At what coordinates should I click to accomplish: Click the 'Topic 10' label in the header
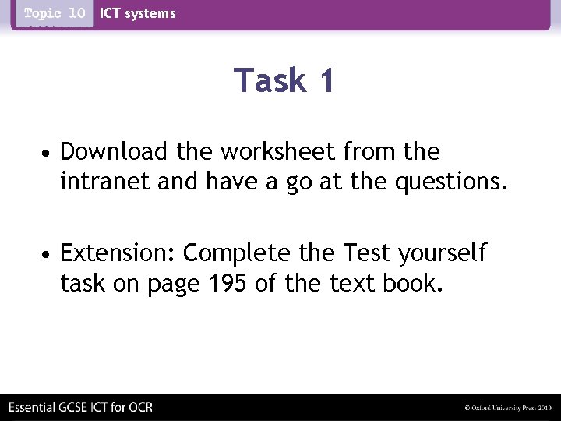click(x=54, y=13)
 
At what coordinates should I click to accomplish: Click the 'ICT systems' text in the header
click(x=138, y=13)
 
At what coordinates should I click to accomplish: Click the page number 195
click(x=231, y=285)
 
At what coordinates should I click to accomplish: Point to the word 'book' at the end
click(x=412, y=285)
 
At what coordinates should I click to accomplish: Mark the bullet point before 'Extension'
click(x=48, y=254)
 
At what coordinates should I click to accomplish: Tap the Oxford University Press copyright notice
click(x=508, y=408)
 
